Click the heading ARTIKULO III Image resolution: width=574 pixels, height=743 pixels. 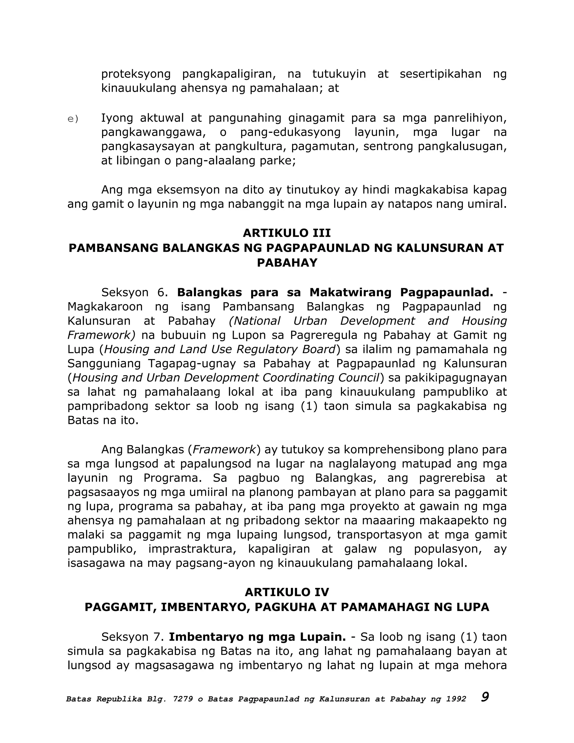coord(287,233)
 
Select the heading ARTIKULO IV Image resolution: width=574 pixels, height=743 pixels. coord(287,592)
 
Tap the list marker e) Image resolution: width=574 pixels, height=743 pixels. coord(73,119)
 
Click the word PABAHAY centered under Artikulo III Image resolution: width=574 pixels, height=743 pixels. coord(287,263)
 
